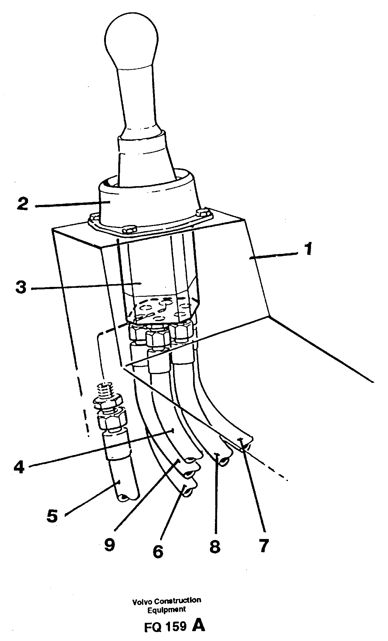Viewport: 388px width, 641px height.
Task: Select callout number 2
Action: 23,204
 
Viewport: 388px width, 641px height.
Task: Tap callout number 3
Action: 21,288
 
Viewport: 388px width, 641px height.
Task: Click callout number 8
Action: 215,546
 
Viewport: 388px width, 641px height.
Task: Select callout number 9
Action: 109,545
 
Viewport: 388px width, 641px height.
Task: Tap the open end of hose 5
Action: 127,497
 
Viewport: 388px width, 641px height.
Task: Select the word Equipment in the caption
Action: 167,609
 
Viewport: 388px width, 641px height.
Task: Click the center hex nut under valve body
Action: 158,338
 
